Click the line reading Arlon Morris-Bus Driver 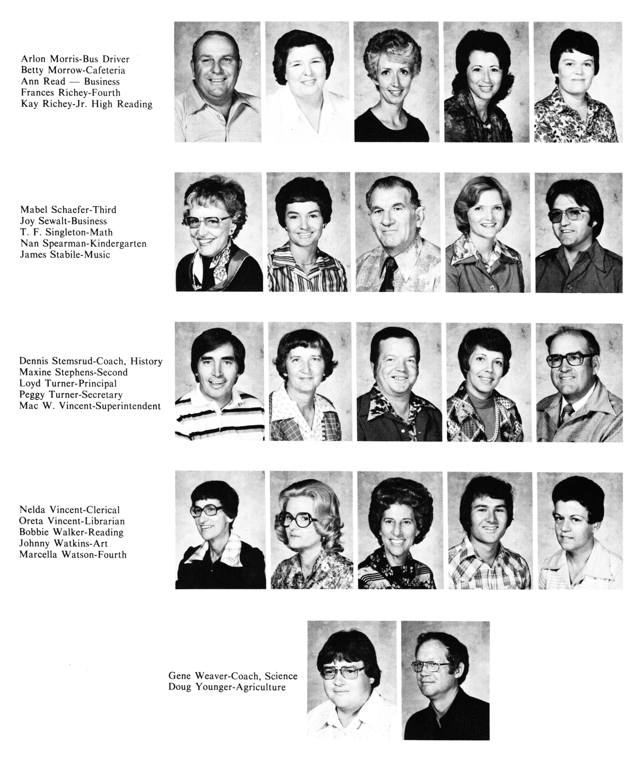75,59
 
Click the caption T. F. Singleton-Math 66,232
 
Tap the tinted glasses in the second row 567,217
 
